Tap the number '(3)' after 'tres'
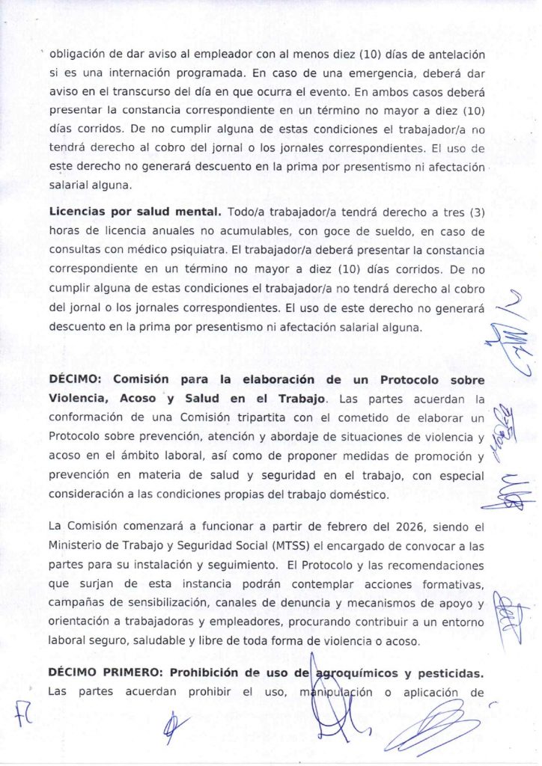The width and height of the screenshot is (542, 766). coord(473,212)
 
